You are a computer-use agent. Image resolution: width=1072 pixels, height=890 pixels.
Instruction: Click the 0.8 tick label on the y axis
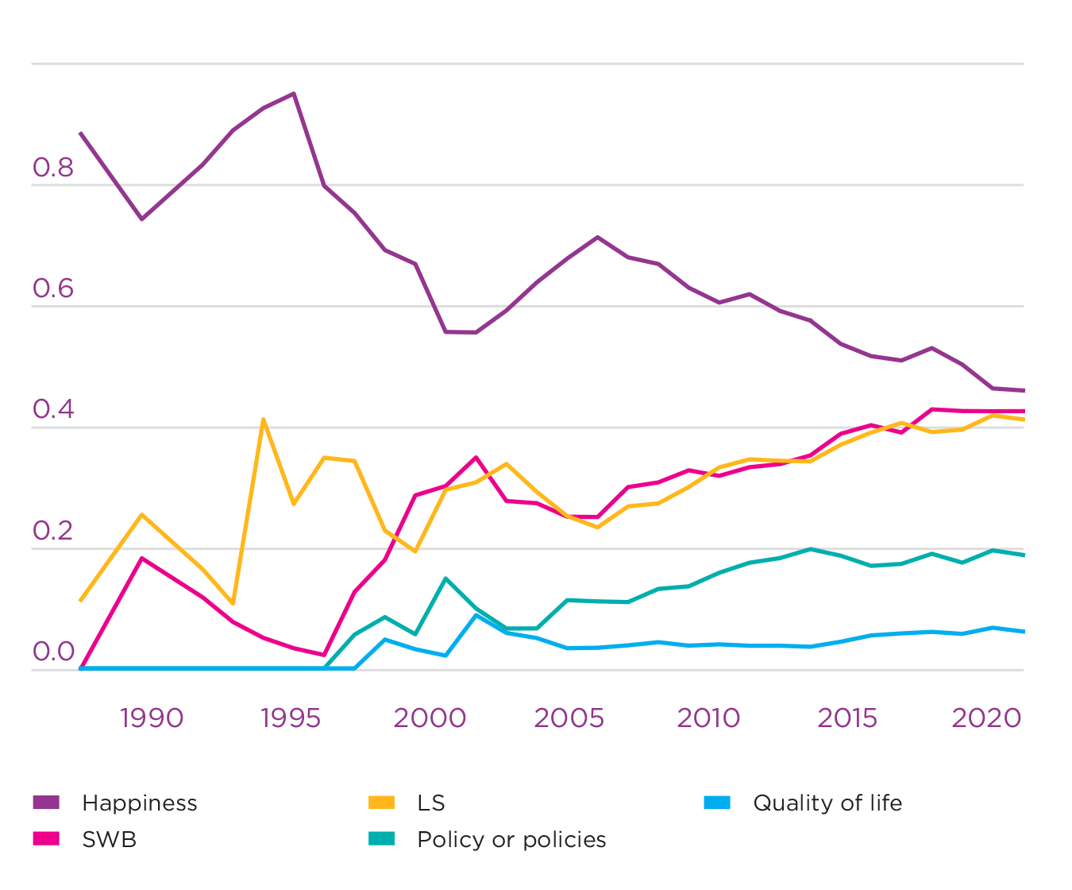(53, 168)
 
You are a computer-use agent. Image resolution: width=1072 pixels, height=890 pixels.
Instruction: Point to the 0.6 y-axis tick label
(53, 289)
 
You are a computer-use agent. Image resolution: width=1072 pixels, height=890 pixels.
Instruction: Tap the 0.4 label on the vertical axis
(53, 410)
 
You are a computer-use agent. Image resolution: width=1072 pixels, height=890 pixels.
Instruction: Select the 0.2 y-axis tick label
(53, 531)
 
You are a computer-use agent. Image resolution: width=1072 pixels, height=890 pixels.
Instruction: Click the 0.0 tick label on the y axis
(53, 652)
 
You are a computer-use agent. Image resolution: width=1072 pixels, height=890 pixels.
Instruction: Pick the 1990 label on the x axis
(152, 718)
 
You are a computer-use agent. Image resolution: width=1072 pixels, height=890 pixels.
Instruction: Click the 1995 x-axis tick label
(291, 718)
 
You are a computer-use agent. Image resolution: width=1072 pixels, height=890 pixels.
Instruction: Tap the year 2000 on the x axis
(430, 718)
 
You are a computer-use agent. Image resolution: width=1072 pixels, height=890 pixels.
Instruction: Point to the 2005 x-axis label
(569, 718)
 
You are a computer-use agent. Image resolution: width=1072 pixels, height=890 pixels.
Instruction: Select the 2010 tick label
(708, 718)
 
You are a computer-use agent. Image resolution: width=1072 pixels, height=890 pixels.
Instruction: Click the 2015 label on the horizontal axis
(847, 718)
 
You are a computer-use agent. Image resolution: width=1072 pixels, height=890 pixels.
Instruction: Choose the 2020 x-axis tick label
(986, 718)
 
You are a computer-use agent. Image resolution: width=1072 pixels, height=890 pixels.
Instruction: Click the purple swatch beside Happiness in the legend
(46, 803)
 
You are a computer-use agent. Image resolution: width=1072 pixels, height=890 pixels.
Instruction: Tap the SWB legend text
(110, 840)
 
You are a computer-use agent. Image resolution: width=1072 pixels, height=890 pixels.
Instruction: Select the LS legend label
(431, 803)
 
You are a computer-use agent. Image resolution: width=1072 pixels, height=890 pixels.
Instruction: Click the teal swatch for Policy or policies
(381, 839)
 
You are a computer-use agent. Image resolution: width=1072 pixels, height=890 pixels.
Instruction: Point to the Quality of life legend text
(827, 803)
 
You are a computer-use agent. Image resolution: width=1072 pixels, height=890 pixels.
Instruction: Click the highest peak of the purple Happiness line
(294, 94)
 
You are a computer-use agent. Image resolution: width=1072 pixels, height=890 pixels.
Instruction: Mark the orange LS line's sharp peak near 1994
(263, 419)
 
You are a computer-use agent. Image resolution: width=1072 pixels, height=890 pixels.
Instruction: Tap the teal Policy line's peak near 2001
(445, 578)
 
